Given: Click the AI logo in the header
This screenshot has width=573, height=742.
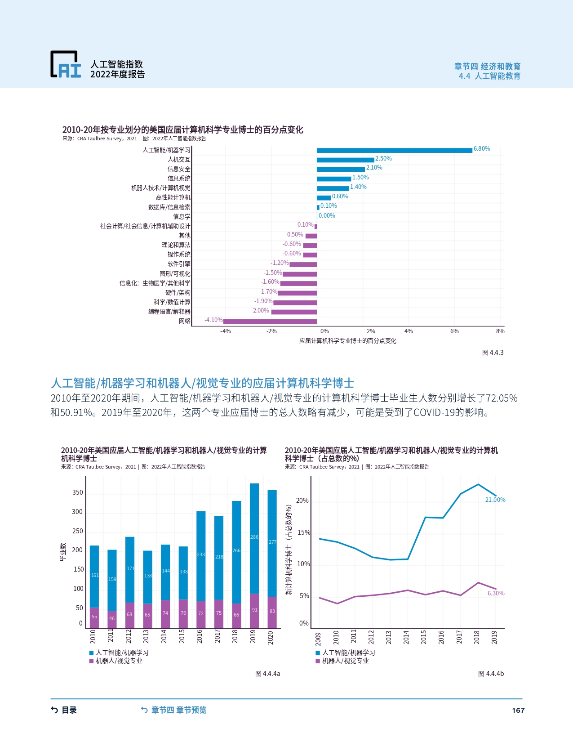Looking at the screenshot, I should click(x=66, y=64).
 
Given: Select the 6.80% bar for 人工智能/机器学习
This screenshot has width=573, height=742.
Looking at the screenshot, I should click(x=394, y=150).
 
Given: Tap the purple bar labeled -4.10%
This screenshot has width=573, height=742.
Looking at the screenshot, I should click(x=270, y=322).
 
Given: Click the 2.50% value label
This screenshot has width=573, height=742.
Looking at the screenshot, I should click(x=383, y=159).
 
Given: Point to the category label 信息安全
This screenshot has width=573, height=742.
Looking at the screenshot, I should click(x=179, y=169).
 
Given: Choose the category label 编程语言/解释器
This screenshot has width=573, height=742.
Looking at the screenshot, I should click(x=169, y=312).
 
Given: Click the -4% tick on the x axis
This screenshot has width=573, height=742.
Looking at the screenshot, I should click(x=225, y=331).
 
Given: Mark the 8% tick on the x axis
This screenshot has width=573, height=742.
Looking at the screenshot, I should click(x=500, y=331).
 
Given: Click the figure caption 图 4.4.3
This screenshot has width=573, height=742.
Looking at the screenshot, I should click(x=493, y=353).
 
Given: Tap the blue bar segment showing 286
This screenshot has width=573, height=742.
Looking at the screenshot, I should click(x=254, y=538).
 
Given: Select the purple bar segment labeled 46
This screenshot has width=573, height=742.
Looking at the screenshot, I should click(x=112, y=619).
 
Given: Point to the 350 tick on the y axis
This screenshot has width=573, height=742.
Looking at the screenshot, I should click(x=78, y=492).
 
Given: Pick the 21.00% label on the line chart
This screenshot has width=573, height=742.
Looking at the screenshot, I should click(x=495, y=500).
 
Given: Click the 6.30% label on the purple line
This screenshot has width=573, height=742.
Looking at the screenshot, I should click(x=496, y=594).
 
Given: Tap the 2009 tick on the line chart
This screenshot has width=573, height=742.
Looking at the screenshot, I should click(x=318, y=638).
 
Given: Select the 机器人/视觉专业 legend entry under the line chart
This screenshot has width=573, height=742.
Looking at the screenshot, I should click(x=342, y=661).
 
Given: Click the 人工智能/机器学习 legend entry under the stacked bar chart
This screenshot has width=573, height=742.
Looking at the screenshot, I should click(x=119, y=653).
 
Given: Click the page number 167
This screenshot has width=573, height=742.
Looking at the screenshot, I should click(x=518, y=711).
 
